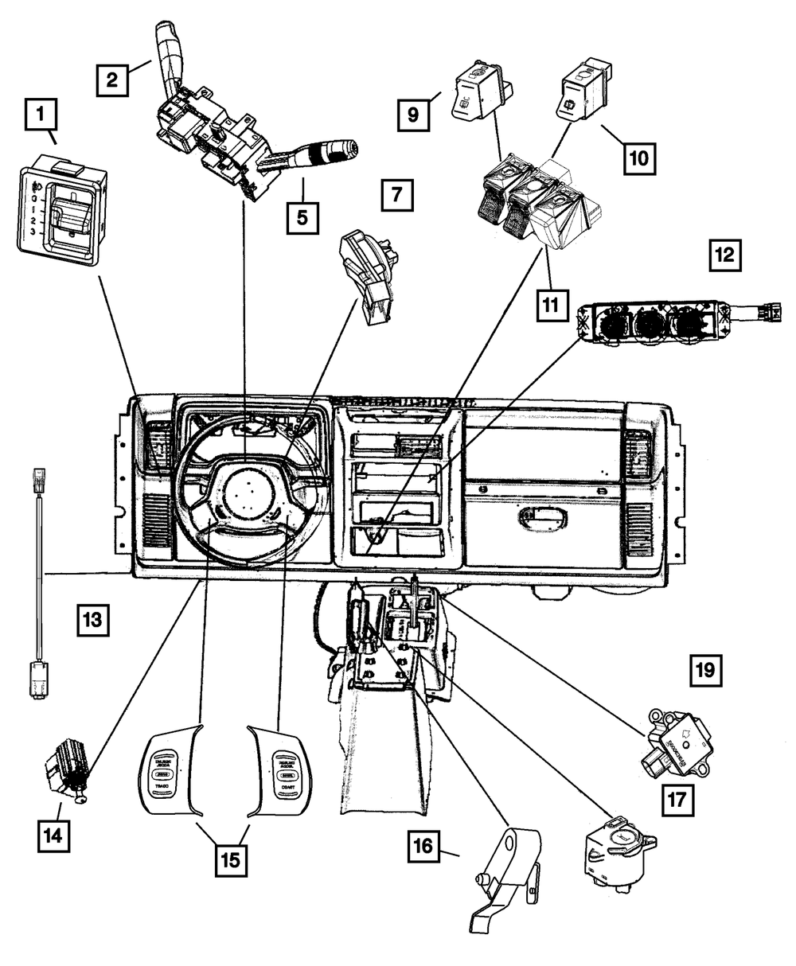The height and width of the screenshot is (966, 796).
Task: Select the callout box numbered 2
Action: tap(112, 79)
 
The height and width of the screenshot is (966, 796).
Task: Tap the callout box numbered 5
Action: tap(302, 215)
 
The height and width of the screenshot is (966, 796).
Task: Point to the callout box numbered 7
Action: tap(397, 194)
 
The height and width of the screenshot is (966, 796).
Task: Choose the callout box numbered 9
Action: tap(414, 115)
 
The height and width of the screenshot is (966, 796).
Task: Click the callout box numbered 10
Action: tap(638, 158)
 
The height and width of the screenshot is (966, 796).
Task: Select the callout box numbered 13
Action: tap(92, 618)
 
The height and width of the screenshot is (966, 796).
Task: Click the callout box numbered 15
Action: tap(229, 859)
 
